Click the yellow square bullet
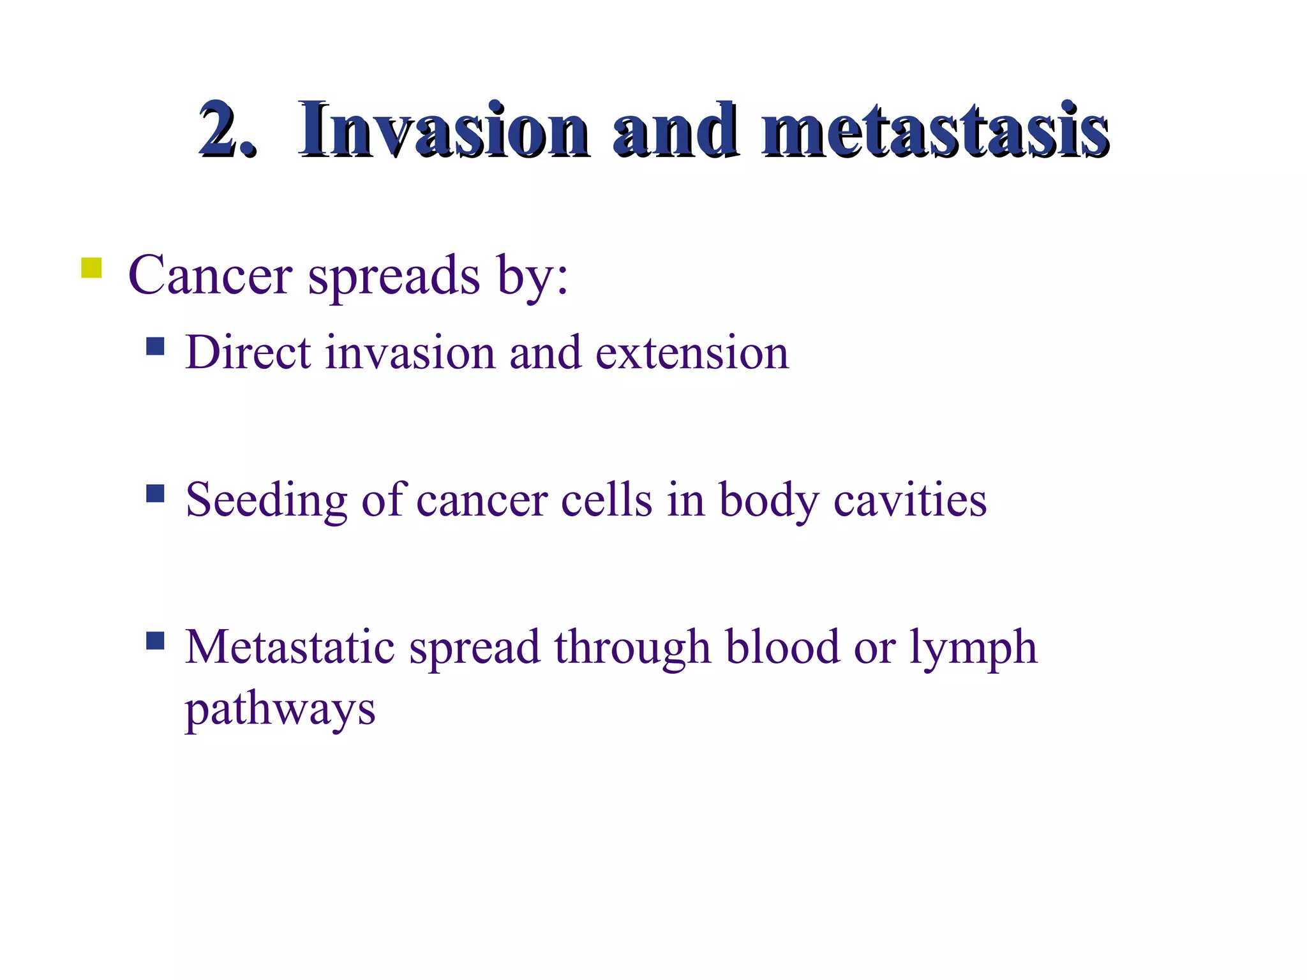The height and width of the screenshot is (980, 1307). [x=91, y=268]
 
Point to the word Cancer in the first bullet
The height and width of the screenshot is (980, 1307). [x=210, y=276]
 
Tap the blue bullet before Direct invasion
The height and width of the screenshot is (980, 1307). [x=155, y=346]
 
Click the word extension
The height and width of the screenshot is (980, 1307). [x=692, y=353]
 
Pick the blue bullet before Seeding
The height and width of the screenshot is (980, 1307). [x=155, y=493]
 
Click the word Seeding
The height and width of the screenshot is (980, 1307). [x=266, y=500]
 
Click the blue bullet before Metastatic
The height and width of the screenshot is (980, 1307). [x=155, y=640]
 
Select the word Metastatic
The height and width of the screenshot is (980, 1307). [x=290, y=647]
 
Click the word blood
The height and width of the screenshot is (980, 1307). [x=782, y=647]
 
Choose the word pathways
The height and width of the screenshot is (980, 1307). [x=280, y=709]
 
